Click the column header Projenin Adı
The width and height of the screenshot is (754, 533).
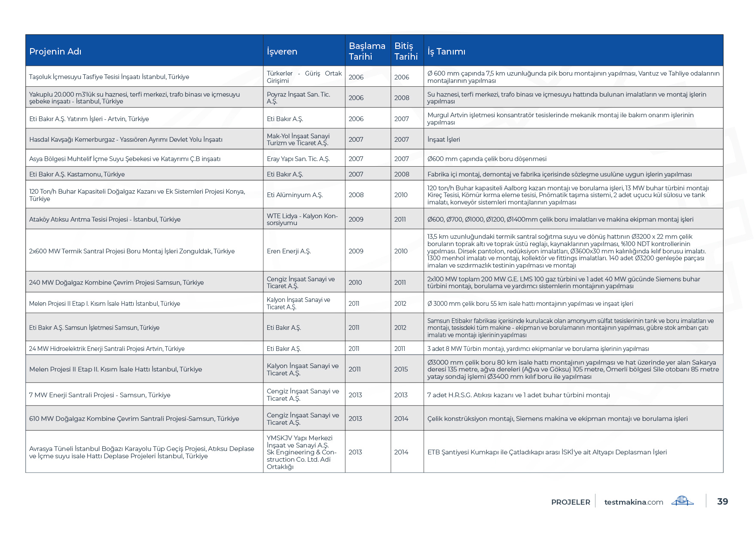(55, 52)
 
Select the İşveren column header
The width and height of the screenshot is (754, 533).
(282, 52)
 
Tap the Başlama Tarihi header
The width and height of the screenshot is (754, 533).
(367, 51)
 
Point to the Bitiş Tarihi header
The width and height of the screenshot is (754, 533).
(406, 51)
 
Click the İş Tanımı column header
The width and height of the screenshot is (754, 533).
(446, 52)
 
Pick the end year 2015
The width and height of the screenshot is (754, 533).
(401, 369)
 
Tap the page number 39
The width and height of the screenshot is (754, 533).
(723, 502)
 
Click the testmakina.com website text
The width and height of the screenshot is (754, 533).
(634, 502)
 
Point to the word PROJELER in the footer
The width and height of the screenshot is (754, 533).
(571, 502)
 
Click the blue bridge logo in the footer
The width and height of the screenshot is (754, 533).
(683, 501)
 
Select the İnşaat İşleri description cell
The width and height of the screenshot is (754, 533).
(444, 140)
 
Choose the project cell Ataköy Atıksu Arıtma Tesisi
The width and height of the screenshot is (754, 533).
(105, 219)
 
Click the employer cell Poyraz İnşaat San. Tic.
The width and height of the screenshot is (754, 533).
(298, 98)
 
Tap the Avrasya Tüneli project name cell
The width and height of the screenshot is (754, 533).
(141, 452)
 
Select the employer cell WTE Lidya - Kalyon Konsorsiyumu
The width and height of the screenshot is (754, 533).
(302, 219)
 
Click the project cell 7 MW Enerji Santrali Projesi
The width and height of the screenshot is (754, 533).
(100, 395)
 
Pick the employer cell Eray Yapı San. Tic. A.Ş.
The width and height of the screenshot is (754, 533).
(298, 159)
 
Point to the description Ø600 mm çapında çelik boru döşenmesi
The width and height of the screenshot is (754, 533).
(487, 159)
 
